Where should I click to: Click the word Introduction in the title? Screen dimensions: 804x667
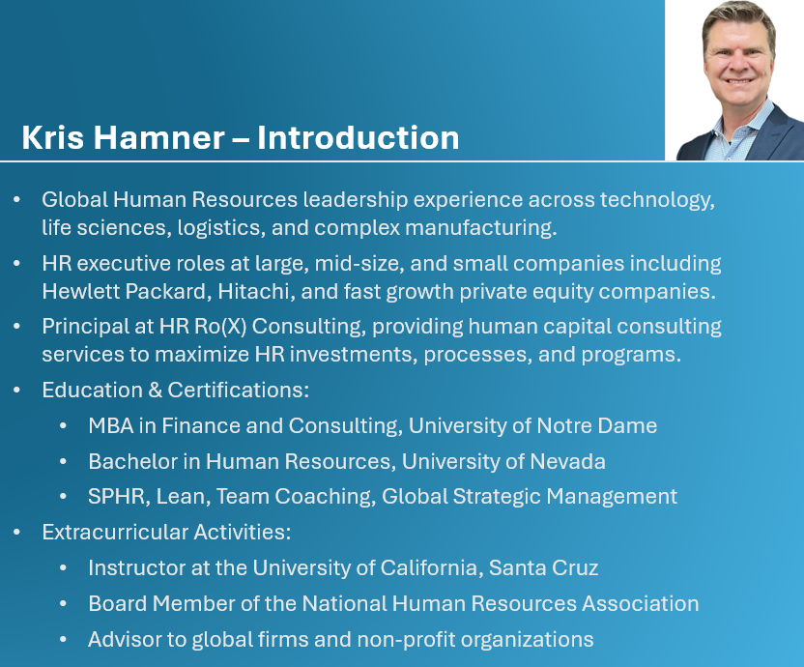coord(358,137)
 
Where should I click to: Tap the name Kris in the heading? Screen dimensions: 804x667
coord(53,137)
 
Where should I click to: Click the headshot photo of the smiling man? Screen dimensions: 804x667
coord(734,80)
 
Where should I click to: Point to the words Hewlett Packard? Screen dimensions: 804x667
coord(127,291)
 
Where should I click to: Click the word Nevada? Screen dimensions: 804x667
coord(567,461)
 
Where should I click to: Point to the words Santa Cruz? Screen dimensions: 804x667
coord(543,568)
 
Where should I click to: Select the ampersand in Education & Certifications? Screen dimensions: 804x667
coord(155,390)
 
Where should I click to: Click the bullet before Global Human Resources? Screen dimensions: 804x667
coord(17,199)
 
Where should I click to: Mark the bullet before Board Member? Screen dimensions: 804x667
coord(63,604)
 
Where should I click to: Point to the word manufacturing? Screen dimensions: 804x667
coord(481,228)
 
